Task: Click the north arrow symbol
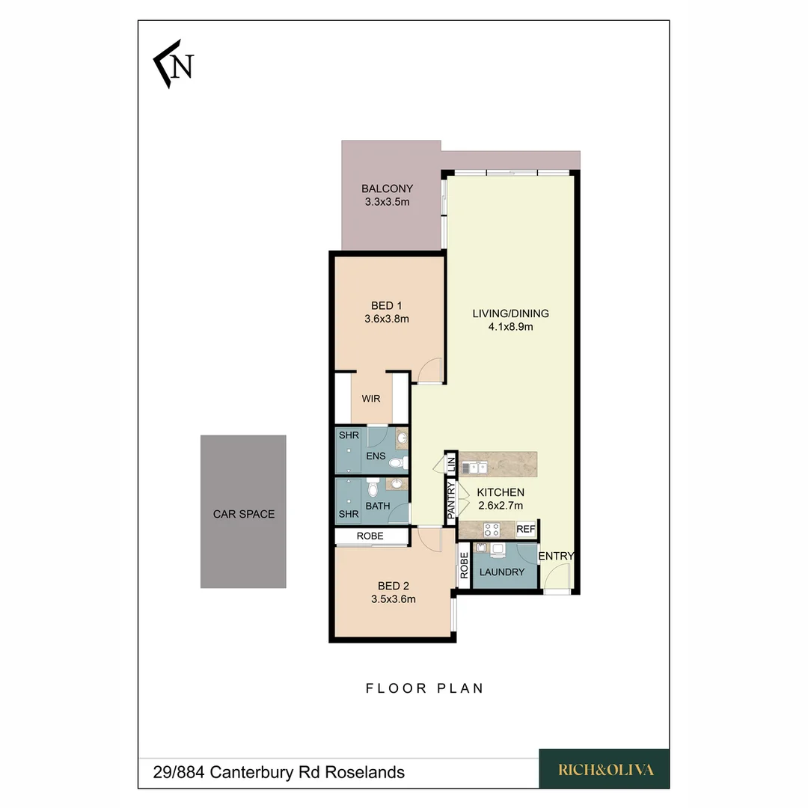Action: coord(174,64)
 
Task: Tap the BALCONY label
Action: coord(387,189)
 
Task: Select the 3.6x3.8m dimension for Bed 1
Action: coord(387,319)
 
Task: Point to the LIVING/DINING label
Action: coord(511,313)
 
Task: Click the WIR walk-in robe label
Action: coord(371,399)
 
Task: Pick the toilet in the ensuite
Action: coord(398,463)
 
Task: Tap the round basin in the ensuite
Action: coord(402,438)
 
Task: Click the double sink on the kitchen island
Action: coord(474,468)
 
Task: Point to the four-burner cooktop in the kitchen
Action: coord(491,530)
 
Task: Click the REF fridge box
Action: coord(526,530)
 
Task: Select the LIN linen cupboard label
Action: coord(451,462)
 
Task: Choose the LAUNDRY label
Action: coord(501,572)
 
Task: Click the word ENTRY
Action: coord(556,556)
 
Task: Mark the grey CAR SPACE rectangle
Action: coord(243,512)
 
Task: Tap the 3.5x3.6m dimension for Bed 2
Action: coord(394,599)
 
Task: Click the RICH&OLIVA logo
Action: coord(605,769)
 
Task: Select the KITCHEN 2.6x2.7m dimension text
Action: coord(501,506)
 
